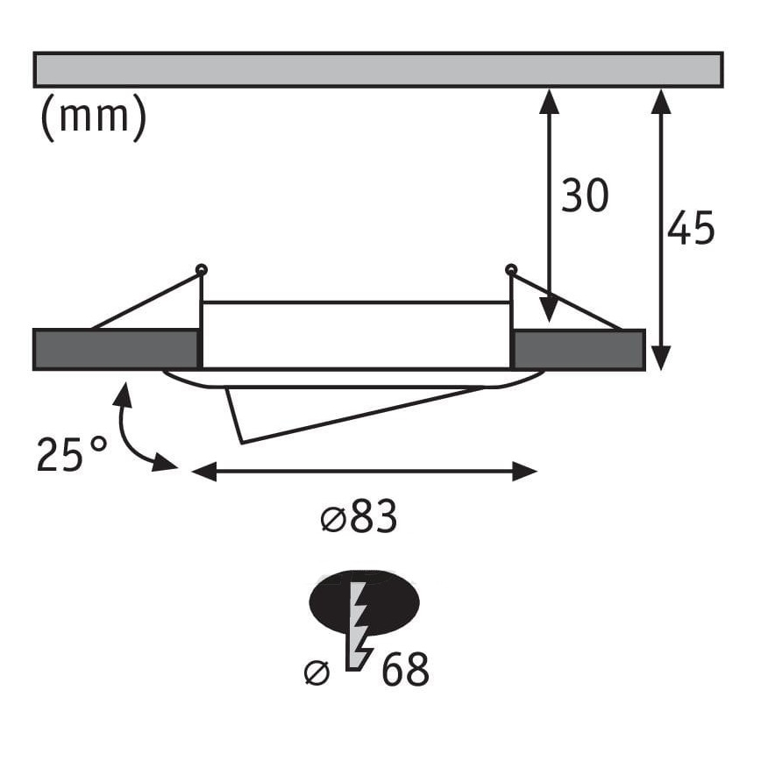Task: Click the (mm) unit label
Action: pos(93,118)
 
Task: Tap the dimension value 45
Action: pos(691,228)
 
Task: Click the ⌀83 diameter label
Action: pos(359,519)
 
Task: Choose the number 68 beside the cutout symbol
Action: pos(405,671)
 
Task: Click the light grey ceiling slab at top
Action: pos(378,70)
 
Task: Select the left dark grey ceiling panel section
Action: pos(114,350)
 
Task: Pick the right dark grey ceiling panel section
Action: pos(579,350)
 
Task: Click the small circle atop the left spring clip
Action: pos(202,268)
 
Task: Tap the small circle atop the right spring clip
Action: pos(510,268)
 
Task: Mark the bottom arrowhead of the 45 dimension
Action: pos(662,358)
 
